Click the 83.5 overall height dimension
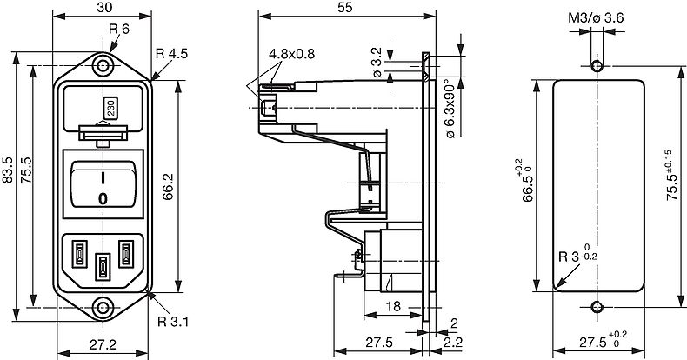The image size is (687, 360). (x=8, y=170)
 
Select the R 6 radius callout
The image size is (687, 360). (x=119, y=30)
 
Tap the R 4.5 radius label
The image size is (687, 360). (x=172, y=54)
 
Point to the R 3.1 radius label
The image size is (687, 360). (x=173, y=322)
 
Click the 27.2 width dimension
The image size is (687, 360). (x=103, y=344)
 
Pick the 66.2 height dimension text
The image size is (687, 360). (x=168, y=187)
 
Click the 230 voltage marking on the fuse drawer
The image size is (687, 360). (x=110, y=108)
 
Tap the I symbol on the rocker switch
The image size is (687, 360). (x=103, y=178)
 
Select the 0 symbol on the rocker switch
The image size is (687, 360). (x=103, y=199)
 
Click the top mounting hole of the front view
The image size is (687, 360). (x=103, y=66)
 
